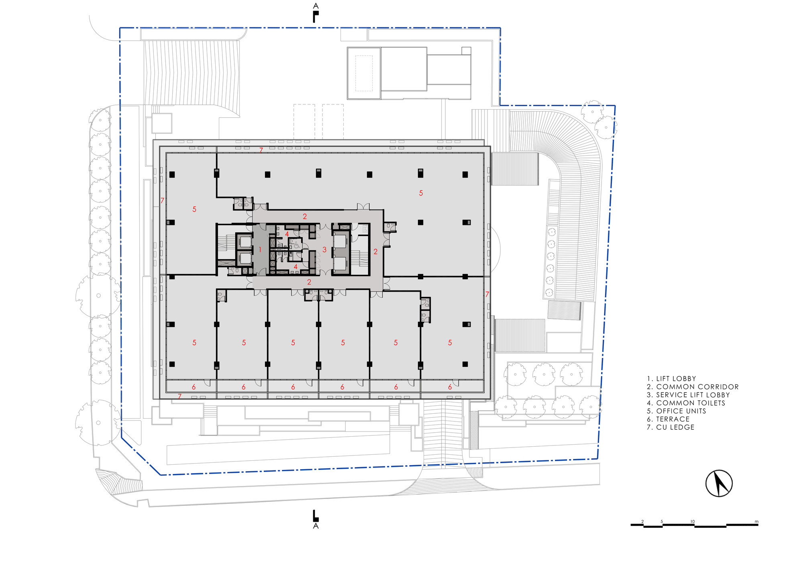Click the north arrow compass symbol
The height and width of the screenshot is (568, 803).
pyautogui.click(x=719, y=483)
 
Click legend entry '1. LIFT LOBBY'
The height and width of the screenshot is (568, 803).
pyautogui.click(x=671, y=378)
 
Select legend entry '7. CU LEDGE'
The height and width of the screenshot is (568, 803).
pyautogui.click(x=671, y=427)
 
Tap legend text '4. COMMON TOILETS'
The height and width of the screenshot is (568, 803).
pyautogui.click(x=686, y=403)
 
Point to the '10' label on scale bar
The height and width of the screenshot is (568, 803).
pyautogui.click(x=693, y=521)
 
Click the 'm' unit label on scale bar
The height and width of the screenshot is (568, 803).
pyautogui.click(x=756, y=521)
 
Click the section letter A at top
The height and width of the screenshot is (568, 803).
pyautogui.click(x=316, y=6)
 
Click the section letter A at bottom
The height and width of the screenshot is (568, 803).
pyautogui.click(x=316, y=526)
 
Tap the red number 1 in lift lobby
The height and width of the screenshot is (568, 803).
pyautogui.click(x=260, y=250)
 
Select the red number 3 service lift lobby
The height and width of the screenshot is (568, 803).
pyautogui.click(x=324, y=250)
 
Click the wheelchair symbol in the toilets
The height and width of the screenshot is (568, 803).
pyautogui.click(x=297, y=245)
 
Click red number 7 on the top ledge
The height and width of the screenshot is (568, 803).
pyautogui.click(x=261, y=150)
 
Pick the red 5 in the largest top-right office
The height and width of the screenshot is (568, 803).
pyautogui.click(x=421, y=193)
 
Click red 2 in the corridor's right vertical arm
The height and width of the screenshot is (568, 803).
pyautogui.click(x=375, y=252)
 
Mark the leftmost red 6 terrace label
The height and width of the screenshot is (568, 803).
pyautogui.click(x=194, y=387)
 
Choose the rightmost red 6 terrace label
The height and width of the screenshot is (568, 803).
pyautogui.click(x=450, y=387)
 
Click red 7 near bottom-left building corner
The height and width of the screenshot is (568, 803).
pyautogui.click(x=179, y=396)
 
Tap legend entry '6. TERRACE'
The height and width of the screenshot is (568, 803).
pyautogui.click(x=668, y=419)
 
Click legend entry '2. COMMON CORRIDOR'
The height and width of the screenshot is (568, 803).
pyautogui.click(x=693, y=387)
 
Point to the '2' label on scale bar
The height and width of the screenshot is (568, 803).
pyautogui.click(x=642, y=521)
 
